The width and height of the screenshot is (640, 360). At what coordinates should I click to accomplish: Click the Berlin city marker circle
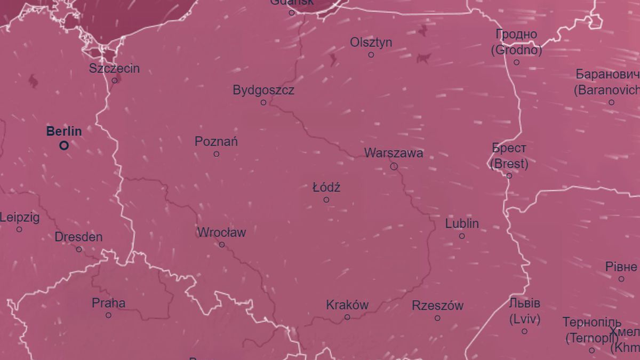64,145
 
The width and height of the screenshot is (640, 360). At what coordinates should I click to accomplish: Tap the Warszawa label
394,153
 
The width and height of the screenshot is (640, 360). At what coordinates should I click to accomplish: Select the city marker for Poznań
216,154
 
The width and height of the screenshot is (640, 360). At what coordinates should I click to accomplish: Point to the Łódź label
326,188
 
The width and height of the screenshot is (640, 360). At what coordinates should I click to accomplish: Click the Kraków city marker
347,317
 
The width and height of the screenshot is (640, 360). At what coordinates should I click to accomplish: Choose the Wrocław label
222,233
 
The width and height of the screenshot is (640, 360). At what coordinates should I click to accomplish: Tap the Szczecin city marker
114,81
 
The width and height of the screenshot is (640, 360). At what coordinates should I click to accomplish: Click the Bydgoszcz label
263,90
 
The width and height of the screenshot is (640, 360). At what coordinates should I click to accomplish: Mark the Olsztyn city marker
371,54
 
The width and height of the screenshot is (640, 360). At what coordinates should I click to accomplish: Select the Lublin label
462,223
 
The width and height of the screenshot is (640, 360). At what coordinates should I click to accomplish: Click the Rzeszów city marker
437,318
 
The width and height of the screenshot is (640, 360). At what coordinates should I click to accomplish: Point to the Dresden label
78,237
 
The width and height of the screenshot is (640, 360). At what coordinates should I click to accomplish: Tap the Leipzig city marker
19,229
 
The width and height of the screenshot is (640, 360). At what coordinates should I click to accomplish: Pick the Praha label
109,303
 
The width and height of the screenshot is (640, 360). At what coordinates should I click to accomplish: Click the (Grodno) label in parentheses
516,51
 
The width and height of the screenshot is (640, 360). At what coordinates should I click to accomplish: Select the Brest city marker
509,175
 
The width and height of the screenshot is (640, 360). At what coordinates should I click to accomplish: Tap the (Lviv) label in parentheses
525,319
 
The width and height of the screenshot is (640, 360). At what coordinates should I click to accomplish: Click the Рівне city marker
621,279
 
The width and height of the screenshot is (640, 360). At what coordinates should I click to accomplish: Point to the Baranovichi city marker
611,102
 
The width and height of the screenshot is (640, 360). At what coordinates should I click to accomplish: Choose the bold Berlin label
64,131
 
